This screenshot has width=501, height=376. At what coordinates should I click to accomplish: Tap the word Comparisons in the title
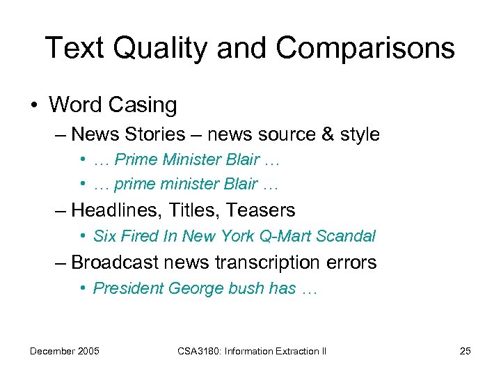pos(365,48)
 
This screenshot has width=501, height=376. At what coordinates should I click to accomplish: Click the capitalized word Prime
pos(136,159)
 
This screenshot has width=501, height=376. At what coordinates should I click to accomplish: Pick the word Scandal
pos(345,236)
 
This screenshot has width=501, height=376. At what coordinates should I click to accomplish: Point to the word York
pos(237,236)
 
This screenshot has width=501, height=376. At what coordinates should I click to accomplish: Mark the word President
pos(126,288)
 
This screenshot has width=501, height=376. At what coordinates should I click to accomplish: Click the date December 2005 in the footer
pos(64,351)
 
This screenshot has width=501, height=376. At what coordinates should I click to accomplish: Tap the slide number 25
pos(465,351)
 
